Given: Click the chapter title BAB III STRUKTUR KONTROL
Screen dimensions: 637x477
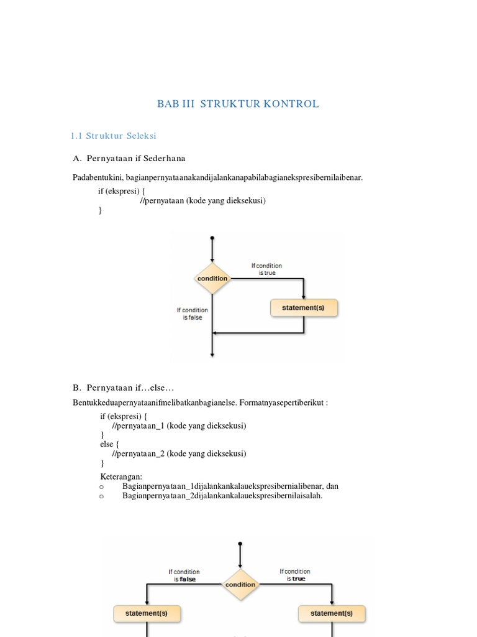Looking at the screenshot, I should click(x=238, y=104).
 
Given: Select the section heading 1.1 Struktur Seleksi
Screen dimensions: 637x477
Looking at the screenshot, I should click(x=113, y=136).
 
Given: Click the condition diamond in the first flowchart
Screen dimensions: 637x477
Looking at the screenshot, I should click(x=212, y=279).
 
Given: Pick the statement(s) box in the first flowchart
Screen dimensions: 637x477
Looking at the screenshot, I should click(x=304, y=307).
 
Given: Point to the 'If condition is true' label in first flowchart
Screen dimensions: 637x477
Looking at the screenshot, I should click(x=267, y=269).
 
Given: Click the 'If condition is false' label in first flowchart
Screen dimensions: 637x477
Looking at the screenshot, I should click(x=193, y=314).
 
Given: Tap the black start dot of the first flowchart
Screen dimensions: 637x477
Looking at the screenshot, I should click(x=212, y=238).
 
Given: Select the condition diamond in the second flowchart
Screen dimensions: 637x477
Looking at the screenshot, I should click(x=240, y=584).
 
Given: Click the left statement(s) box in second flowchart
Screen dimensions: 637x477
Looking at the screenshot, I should click(x=147, y=613).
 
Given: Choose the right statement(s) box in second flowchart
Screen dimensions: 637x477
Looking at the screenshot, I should click(x=332, y=613).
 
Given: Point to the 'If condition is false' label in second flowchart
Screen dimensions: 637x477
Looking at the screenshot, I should click(x=184, y=575).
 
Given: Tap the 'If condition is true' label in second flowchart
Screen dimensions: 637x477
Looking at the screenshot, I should click(x=296, y=575).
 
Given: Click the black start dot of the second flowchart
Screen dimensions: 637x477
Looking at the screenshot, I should click(x=240, y=543).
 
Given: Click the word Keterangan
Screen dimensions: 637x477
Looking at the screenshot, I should click(x=121, y=477).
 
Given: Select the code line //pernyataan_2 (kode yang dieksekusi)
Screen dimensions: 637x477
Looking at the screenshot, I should click(x=179, y=453).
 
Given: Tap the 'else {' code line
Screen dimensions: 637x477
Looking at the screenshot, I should click(x=110, y=445).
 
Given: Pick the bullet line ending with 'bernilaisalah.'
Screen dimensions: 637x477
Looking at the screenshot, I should click(x=222, y=496).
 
